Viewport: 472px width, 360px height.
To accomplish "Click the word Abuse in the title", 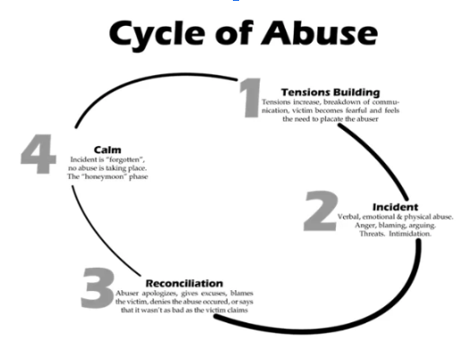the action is click(x=320, y=33).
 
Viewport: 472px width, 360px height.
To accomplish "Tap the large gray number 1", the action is click(x=250, y=98).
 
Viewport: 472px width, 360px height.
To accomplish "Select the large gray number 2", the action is click(x=321, y=210).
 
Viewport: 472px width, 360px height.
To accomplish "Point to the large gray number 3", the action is click(x=98, y=288).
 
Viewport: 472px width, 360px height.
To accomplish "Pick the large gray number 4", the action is click(x=39, y=154).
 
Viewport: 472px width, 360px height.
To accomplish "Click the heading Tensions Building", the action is click(x=330, y=92).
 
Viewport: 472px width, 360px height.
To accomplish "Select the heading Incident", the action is click(x=395, y=207).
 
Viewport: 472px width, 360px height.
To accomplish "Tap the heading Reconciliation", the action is click(x=185, y=283).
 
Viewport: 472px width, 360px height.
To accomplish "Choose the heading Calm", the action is click(x=107, y=150).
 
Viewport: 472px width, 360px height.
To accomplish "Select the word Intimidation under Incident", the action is click(x=410, y=234).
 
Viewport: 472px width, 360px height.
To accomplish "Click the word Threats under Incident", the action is click(x=372, y=234).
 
